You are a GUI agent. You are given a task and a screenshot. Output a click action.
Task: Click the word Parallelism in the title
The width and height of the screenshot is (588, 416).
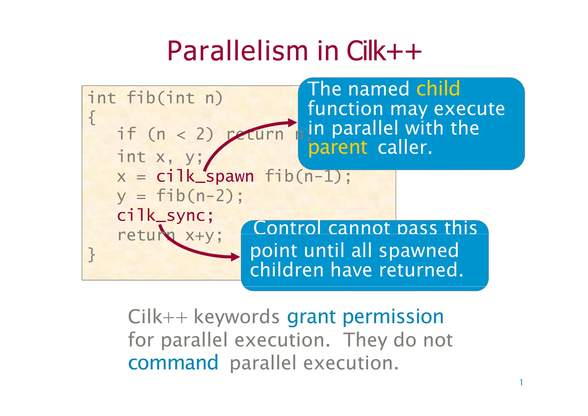[x=238, y=51]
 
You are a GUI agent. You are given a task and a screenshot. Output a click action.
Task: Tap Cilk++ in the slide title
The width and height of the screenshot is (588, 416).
[x=384, y=51]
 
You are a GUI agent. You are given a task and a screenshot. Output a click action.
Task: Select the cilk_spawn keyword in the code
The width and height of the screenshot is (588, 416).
[x=205, y=176]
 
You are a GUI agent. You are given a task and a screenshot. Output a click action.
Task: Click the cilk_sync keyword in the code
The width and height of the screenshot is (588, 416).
[x=165, y=215]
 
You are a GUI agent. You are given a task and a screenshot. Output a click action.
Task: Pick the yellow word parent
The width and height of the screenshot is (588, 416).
[x=337, y=148]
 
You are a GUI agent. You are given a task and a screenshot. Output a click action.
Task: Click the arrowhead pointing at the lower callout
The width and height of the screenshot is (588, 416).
[x=236, y=257]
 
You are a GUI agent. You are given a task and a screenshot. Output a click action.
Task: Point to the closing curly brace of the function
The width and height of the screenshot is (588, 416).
[x=92, y=255]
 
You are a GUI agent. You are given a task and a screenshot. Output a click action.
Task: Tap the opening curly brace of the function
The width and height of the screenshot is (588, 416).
[x=92, y=117]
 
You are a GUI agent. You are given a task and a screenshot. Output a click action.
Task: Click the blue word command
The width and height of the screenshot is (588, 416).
[x=173, y=363]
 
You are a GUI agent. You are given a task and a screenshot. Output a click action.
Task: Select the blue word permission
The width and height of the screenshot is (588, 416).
[x=393, y=317]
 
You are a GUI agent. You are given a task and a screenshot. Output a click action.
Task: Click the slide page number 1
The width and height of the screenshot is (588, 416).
[x=521, y=383]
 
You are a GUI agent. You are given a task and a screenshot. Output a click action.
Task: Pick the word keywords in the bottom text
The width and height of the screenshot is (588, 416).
[x=237, y=317]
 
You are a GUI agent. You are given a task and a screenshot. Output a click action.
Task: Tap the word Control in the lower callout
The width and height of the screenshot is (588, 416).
[x=287, y=228]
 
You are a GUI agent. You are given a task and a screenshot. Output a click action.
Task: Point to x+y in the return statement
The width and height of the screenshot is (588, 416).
[x=204, y=236]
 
